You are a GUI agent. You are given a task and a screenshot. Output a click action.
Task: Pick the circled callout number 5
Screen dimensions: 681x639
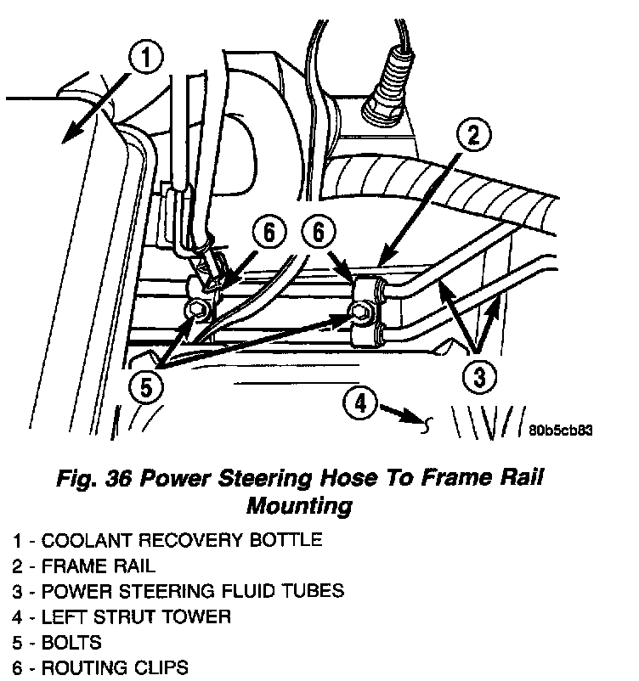coord(145,387)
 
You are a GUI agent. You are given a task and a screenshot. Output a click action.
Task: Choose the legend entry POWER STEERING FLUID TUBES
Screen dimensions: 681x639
coord(178,591)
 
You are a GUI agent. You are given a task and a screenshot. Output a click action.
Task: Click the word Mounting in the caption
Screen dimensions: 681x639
coord(298,507)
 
